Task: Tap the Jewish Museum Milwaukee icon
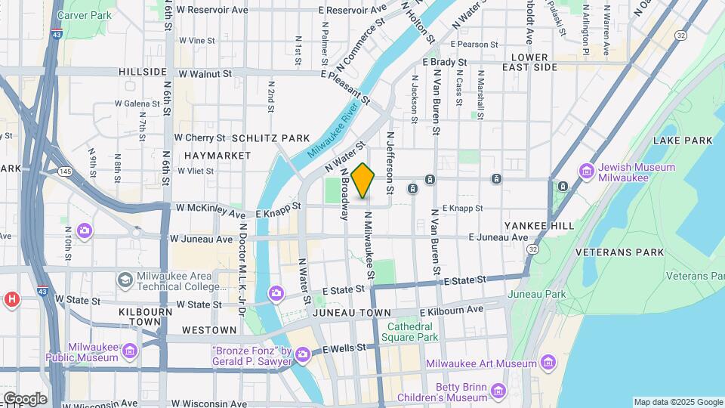tap(587, 172)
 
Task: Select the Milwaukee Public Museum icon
tap(129, 351)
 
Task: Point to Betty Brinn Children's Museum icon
tap(498, 391)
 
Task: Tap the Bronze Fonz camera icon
tap(303, 354)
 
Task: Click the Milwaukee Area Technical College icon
tap(125, 280)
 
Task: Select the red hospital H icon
tap(11, 300)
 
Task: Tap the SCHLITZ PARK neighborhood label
tap(271, 138)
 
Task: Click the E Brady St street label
tap(446, 61)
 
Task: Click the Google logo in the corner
tap(24, 398)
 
